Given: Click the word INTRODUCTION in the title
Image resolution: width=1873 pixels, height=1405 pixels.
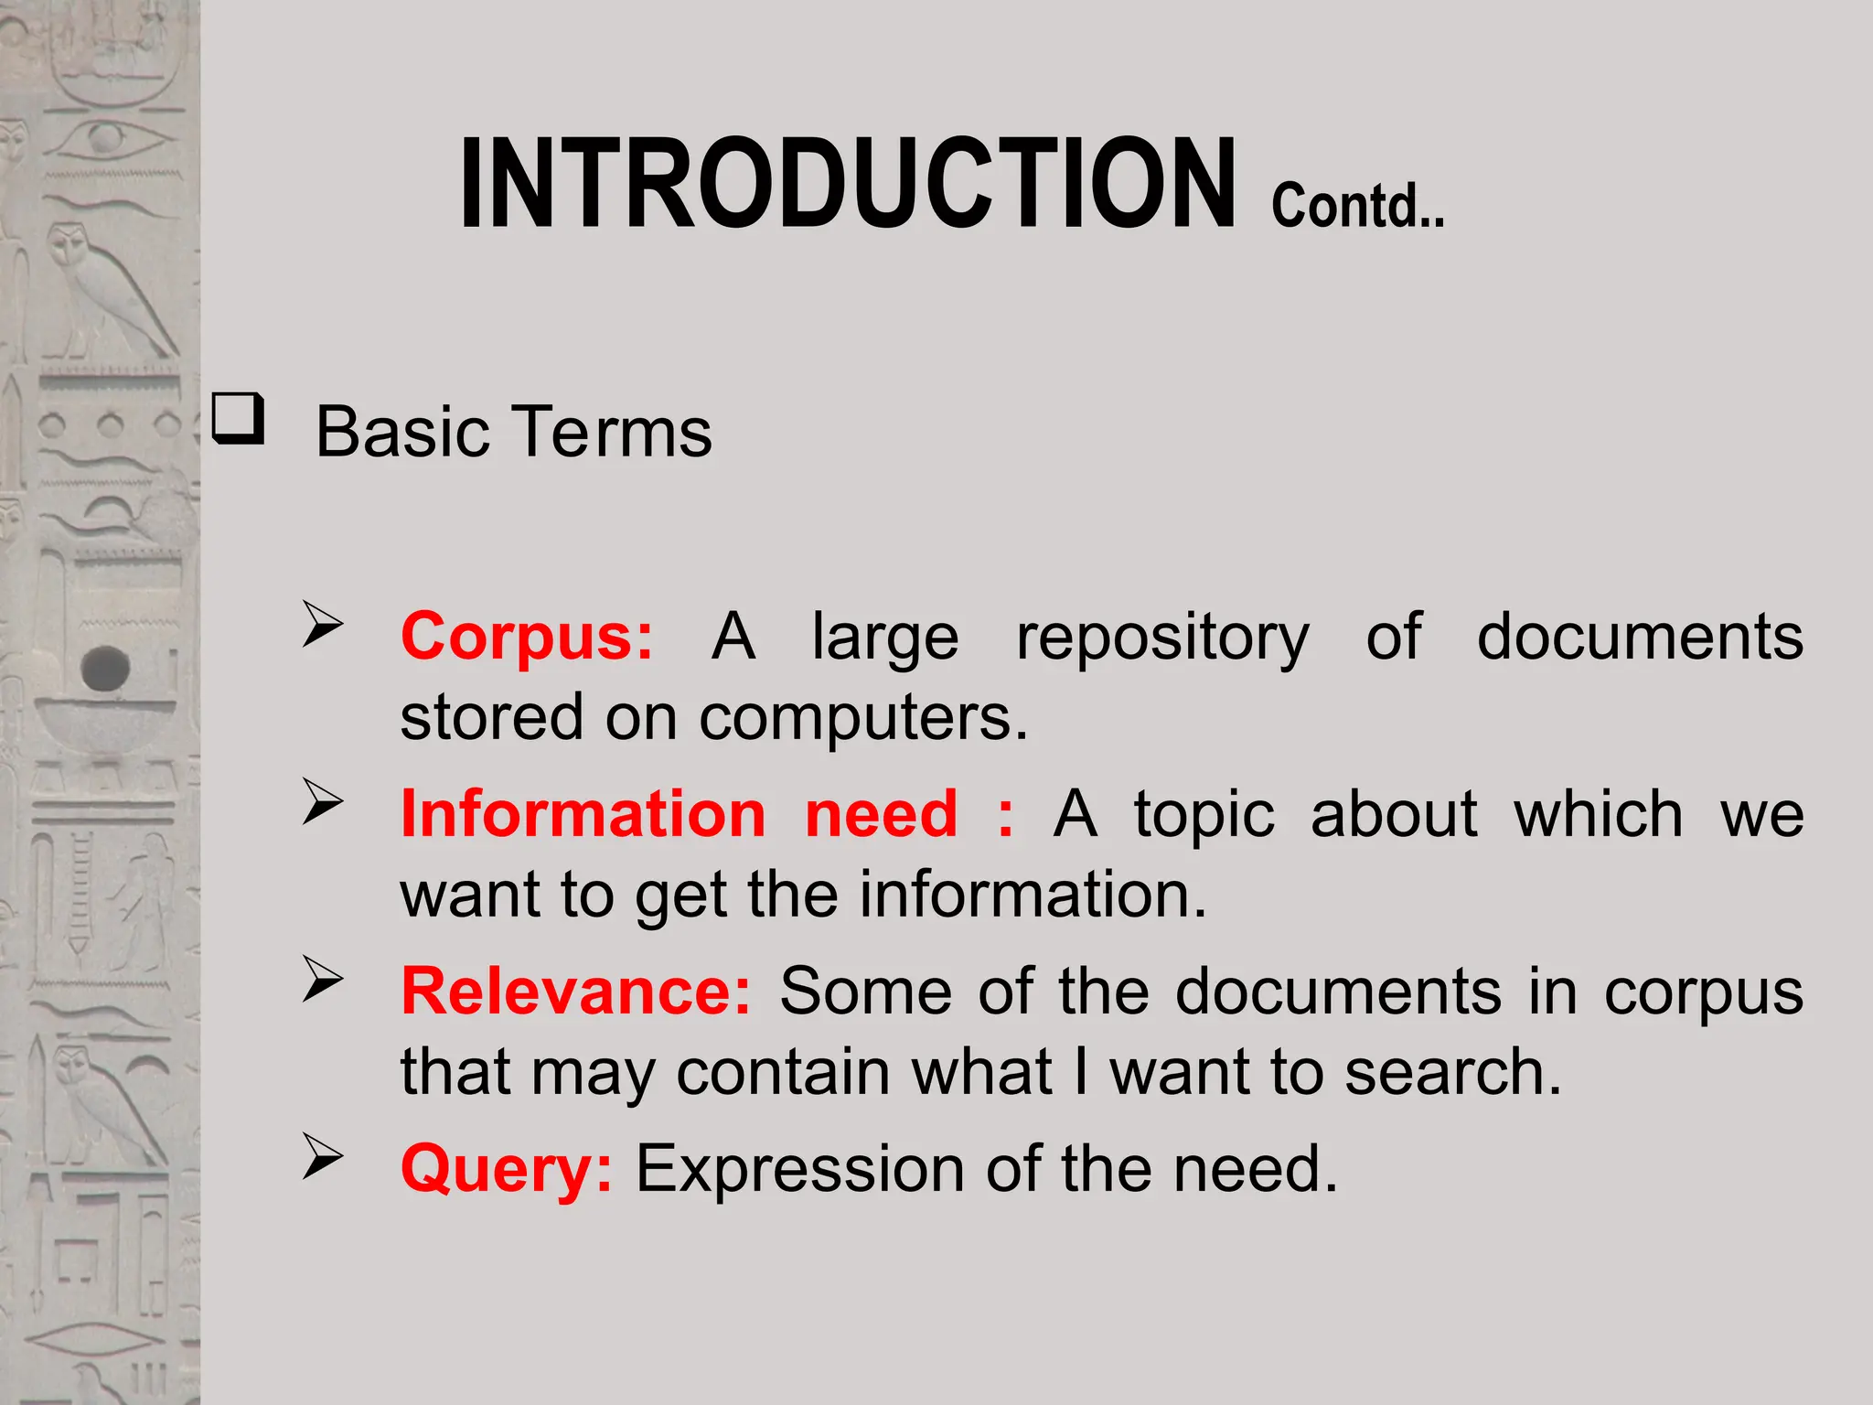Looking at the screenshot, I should pos(847,183).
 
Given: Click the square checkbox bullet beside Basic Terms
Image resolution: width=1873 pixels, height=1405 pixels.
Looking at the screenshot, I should pos(239,420).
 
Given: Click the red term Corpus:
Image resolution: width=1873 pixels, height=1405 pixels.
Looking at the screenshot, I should pos(528,637).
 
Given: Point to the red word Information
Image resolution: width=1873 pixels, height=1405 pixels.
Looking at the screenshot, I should pos(583,814).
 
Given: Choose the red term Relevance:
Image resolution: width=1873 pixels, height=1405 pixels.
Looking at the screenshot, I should pos(575,992).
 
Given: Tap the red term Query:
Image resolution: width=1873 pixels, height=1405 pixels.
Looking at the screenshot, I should pos(507,1169).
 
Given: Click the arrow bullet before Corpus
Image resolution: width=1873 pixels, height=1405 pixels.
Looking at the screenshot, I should pos(322,626).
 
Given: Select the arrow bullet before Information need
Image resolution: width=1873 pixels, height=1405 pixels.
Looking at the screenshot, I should pos(322,803).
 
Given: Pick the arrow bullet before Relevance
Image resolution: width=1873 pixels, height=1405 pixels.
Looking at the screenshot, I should pos(322,981).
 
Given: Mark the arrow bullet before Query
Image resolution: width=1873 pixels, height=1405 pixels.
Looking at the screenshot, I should pos(322,1158).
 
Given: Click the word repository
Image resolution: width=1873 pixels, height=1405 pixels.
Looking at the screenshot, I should pos(1162,638).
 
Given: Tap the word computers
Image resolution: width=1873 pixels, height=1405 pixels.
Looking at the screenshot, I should pos(863,718).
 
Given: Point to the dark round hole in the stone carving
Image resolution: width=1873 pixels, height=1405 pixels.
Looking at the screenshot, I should pos(106,668).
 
